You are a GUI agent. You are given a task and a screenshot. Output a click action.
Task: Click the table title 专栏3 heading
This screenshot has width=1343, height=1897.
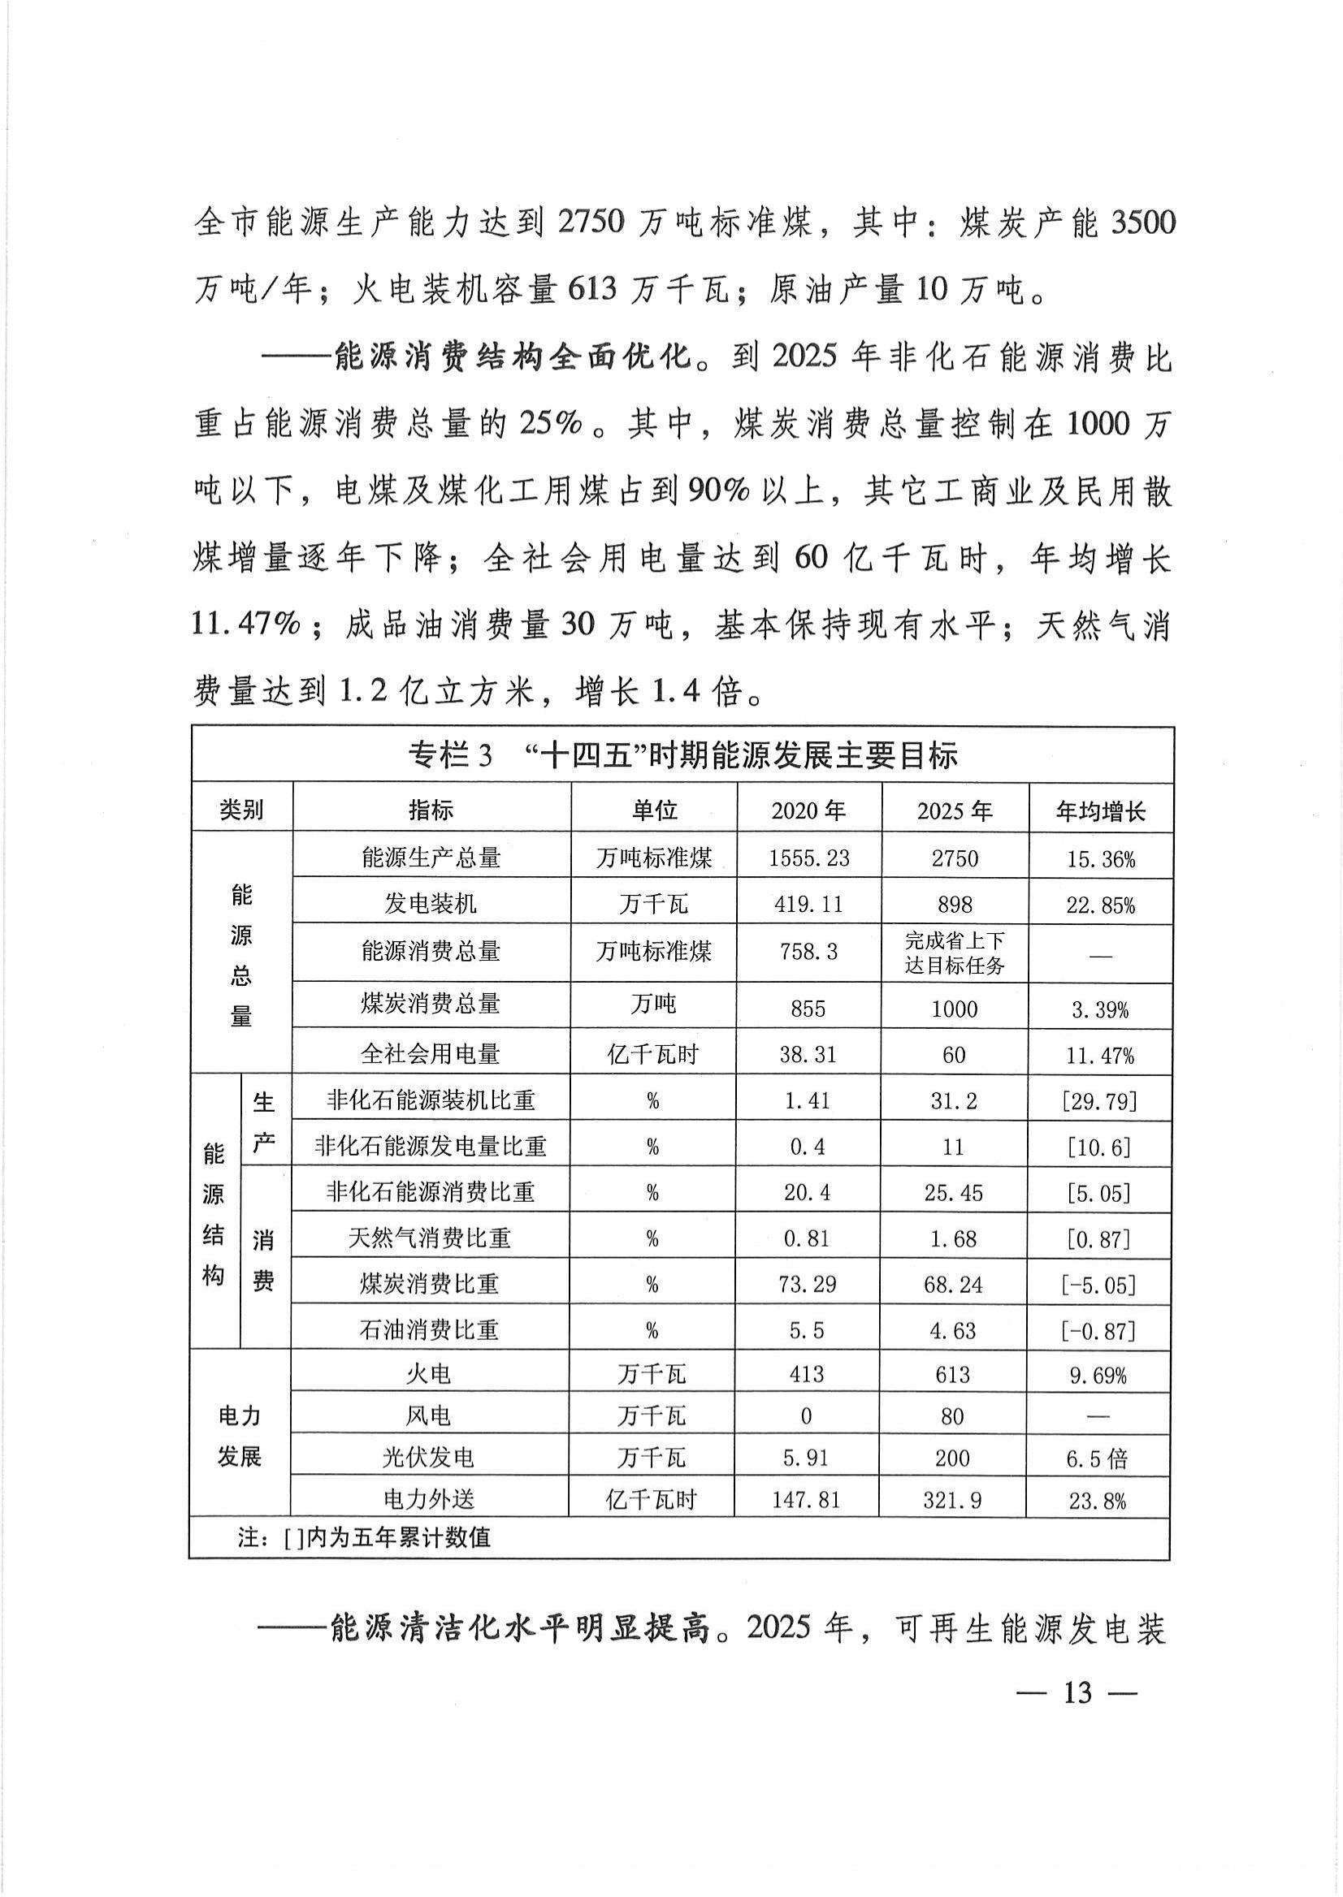tap(682, 754)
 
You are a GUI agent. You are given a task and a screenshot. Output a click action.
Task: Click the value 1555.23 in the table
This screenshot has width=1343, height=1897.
tap(808, 858)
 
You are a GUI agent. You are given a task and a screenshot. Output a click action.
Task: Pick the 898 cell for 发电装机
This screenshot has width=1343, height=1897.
tap(955, 905)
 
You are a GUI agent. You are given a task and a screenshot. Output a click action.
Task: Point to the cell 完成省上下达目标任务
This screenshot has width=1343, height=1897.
tap(955, 953)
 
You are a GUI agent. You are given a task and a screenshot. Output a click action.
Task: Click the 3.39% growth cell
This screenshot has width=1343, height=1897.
tap(1100, 1009)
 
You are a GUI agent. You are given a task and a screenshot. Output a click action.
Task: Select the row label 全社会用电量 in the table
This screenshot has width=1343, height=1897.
tap(430, 1054)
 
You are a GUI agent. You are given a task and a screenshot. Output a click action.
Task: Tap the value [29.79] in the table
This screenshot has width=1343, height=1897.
tap(1100, 1101)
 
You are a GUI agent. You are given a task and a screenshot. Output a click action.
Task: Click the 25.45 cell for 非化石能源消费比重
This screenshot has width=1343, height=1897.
tap(954, 1193)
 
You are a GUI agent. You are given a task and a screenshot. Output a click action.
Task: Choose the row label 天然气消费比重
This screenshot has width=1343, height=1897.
tap(429, 1238)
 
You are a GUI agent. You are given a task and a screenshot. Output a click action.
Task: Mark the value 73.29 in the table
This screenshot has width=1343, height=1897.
tap(807, 1284)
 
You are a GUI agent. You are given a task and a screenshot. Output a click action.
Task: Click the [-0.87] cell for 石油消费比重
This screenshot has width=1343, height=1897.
tap(1098, 1331)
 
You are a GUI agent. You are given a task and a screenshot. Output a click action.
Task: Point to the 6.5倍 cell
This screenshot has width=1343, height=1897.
tap(1097, 1459)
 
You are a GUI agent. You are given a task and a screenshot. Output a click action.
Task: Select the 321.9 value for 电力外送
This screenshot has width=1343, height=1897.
tap(953, 1500)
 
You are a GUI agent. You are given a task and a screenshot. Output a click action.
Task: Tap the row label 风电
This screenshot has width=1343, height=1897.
tap(427, 1417)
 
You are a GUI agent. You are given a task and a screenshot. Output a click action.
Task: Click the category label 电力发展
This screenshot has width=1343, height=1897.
tap(240, 1437)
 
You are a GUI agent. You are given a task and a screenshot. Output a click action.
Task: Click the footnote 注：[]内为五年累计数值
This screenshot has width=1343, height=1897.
tap(364, 1537)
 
